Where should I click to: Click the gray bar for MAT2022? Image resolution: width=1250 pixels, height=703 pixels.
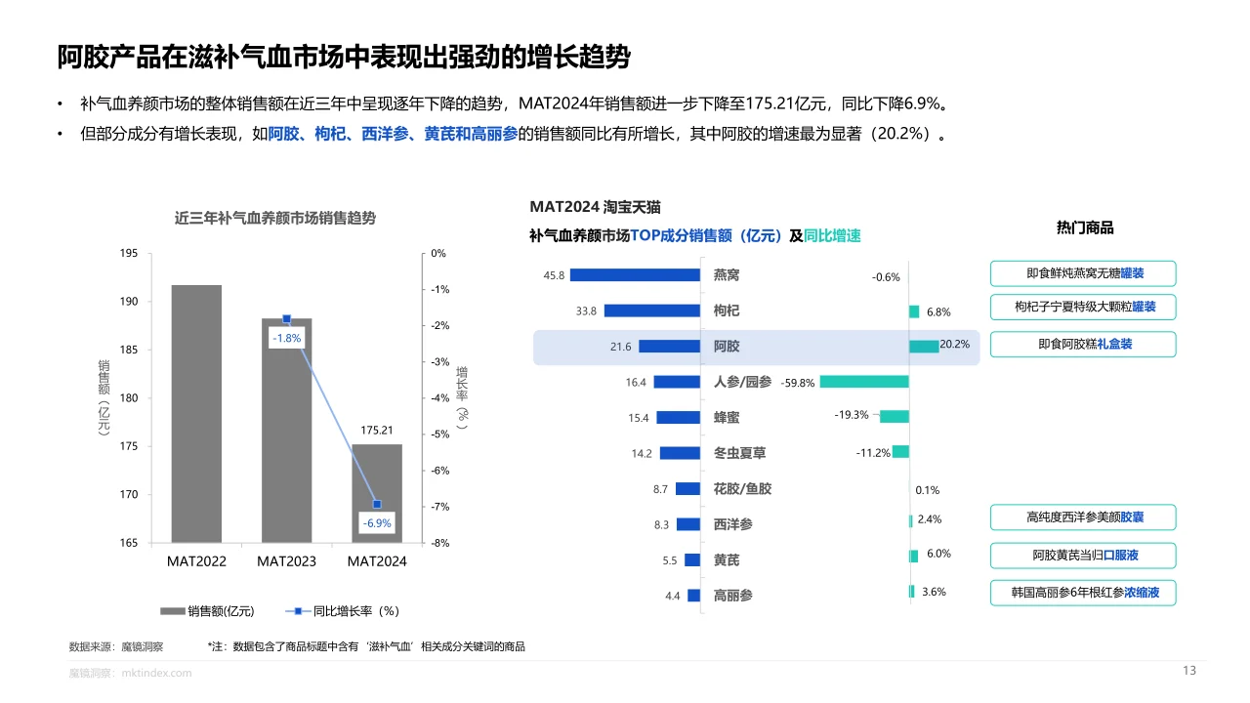pyautogui.click(x=196, y=414)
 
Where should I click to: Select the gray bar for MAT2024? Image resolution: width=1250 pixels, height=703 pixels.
pyautogui.click(x=377, y=493)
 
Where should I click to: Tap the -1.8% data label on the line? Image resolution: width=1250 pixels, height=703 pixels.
pyautogui.click(x=286, y=338)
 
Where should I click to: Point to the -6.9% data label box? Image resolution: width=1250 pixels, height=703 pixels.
pyautogui.click(x=377, y=523)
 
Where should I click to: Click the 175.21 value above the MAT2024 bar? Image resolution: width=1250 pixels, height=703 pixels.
pyautogui.click(x=377, y=430)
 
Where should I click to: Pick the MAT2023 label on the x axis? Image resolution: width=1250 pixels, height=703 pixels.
pyautogui.click(x=286, y=561)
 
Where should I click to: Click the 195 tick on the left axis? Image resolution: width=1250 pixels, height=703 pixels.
pyautogui.click(x=128, y=254)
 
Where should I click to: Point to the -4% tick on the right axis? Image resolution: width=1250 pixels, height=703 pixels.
pyautogui.click(x=438, y=398)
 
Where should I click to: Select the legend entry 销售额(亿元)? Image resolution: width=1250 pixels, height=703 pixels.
pyautogui.click(x=207, y=611)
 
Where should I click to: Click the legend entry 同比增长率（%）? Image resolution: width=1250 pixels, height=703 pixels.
pyautogui.click(x=343, y=611)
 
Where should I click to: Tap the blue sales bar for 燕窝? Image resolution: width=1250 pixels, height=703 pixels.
pyautogui.click(x=635, y=275)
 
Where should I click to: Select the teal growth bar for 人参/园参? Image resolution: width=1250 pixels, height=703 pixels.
pyautogui.click(x=864, y=382)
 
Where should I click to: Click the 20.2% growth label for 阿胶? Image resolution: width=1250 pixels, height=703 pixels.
pyautogui.click(x=954, y=345)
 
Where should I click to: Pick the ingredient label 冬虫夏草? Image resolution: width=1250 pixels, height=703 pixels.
pyautogui.click(x=739, y=453)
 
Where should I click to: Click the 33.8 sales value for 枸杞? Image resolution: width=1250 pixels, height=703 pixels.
pyautogui.click(x=587, y=311)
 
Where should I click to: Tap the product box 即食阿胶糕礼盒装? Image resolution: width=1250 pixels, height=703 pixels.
pyautogui.click(x=1083, y=345)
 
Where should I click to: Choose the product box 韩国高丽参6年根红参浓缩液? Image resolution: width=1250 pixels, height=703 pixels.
pyautogui.click(x=1083, y=593)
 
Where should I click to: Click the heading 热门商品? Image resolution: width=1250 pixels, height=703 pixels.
pyautogui.click(x=1085, y=227)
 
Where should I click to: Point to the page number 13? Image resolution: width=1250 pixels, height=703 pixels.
pyautogui.click(x=1188, y=671)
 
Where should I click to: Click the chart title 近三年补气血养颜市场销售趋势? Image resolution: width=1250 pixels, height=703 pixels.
pyautogui.click(x=275, y=219)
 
